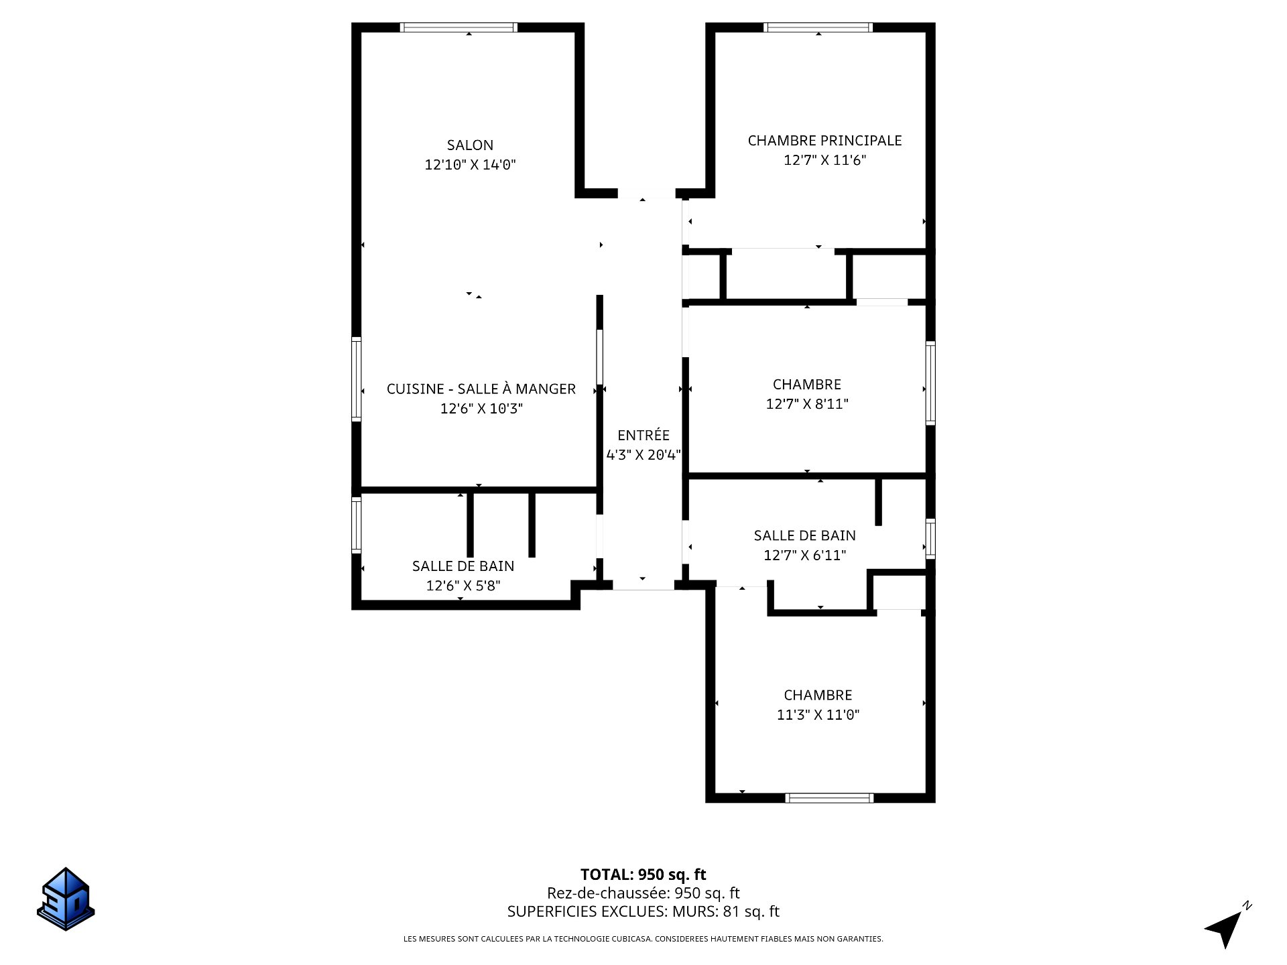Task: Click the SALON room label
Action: coord(470,145)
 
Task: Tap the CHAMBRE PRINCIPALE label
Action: coord(824,141)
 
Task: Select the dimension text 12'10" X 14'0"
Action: coord(470,164)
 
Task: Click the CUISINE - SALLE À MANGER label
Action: coord(481,389)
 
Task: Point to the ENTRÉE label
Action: coord(643,435)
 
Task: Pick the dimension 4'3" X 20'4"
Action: coord(643,455)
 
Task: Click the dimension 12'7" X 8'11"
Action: coord(807,404)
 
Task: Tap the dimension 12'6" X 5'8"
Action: coord(463,586)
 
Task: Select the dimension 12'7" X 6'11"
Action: coord(804,556)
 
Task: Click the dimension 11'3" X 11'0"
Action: coord(818,715)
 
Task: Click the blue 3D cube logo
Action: coord(66,899)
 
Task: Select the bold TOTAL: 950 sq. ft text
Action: coord(643,875)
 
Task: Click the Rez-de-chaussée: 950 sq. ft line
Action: coord(643,893)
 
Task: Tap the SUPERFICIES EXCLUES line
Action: coord(643,911)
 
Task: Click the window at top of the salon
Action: coord(459,27)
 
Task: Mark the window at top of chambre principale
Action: coord(818,27)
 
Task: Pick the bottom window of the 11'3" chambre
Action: coord(830,798)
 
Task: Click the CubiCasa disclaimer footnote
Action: coord(643,939)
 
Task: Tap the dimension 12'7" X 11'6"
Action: coord(825,160)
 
